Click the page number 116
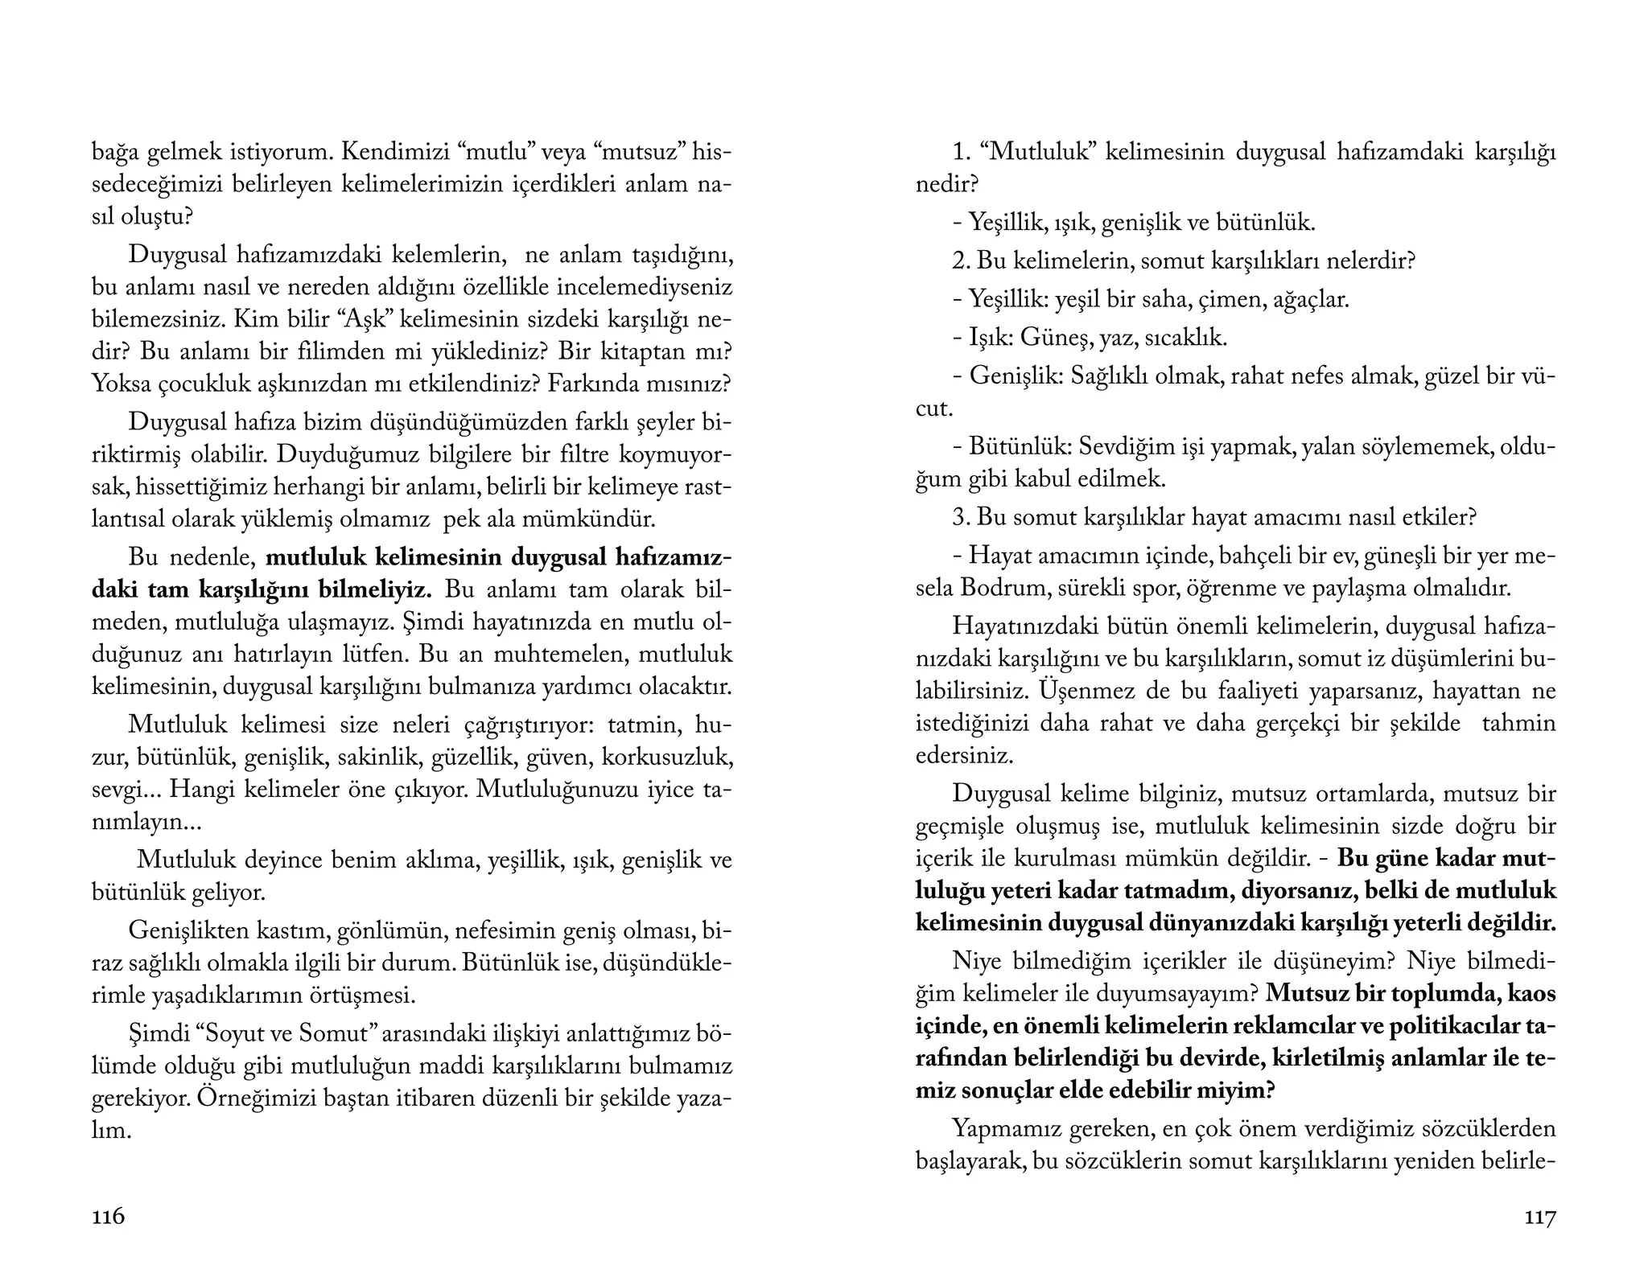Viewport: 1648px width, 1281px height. [109, 1217]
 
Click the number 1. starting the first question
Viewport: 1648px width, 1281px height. [962, 152]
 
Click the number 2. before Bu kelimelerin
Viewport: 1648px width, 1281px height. [962, 261]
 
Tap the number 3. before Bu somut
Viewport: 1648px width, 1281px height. [962, 517]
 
